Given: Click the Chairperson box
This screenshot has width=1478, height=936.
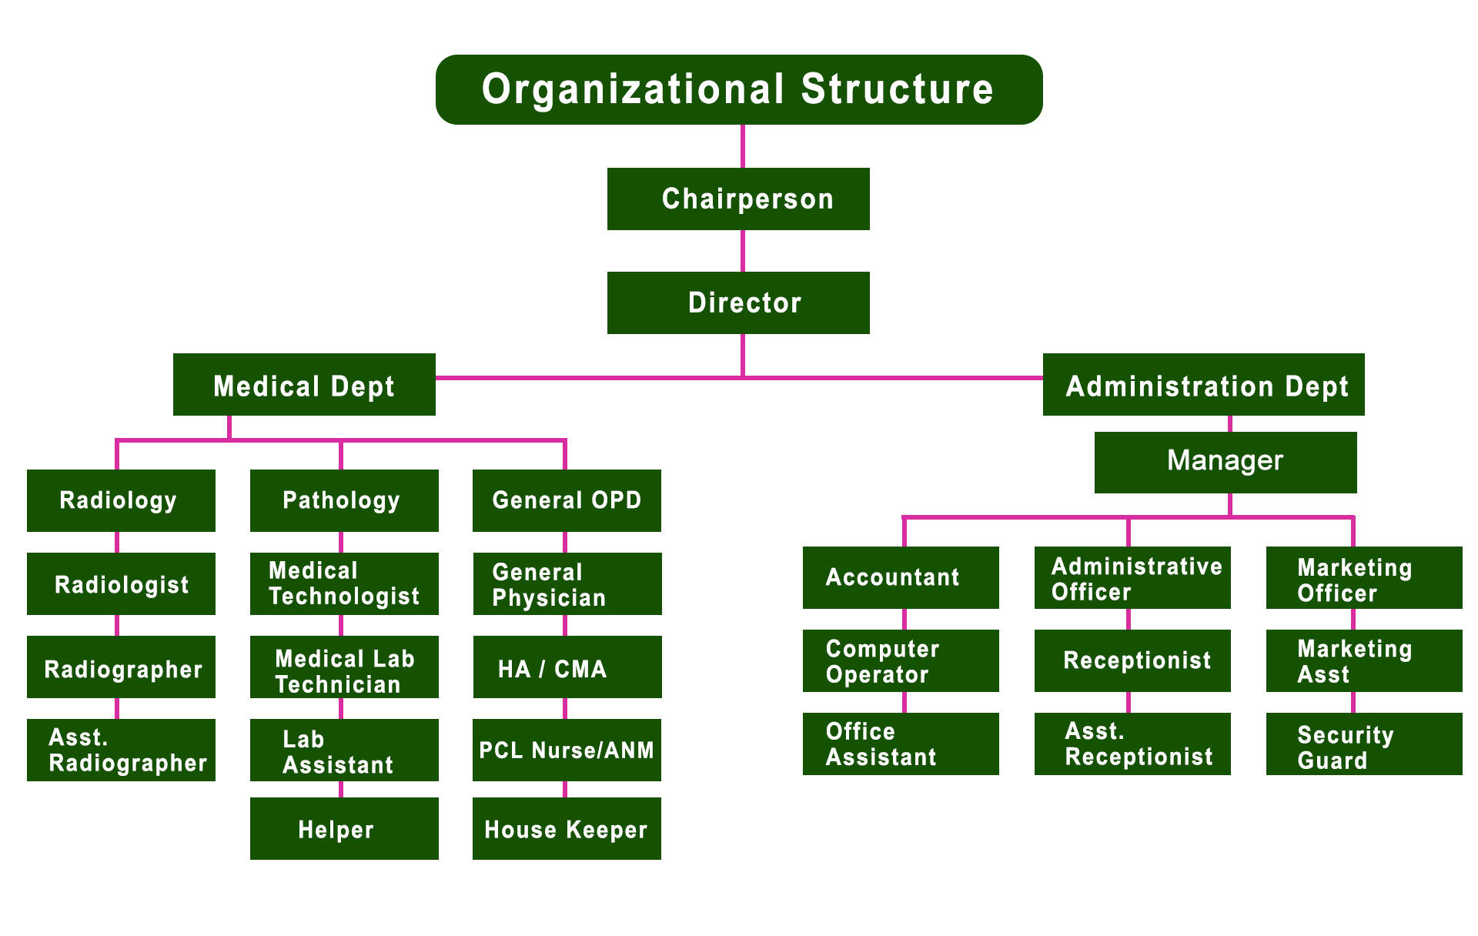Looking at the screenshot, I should coord(738,199).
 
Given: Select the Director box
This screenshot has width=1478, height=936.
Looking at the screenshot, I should coord(738,303).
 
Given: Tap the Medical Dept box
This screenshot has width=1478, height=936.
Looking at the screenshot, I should coord(304,385).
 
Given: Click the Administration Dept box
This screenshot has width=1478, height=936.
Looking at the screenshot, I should coord(1203,385).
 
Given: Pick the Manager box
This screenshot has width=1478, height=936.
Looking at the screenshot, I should coord(1225,462).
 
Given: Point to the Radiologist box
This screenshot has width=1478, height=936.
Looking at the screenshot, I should coord(121,583).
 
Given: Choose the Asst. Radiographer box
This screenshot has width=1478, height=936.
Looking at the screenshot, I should coord(121,750).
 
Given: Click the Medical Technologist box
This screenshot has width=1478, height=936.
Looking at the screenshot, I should coord(344,583).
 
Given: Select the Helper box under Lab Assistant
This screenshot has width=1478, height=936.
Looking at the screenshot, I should coord(344,828).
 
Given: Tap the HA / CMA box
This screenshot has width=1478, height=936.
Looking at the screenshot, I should coord(567,667).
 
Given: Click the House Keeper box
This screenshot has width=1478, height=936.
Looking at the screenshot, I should coord(567,828).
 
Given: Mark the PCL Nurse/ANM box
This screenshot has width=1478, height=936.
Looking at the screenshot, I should coord(567,750).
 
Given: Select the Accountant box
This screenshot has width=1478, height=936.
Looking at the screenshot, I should coord(901,577).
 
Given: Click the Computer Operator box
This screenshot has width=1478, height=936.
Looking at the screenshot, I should coord(901,660).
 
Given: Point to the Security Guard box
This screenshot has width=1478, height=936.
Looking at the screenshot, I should coord(1363,744).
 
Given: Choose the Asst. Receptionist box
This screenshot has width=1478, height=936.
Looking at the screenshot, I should coord(1132,744).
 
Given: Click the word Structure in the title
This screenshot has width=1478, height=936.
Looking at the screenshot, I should coord(897,89).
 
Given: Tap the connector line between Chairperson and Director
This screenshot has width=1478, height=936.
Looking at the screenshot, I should coord(743,251).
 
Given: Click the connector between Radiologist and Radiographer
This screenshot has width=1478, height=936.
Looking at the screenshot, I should coord(117,625).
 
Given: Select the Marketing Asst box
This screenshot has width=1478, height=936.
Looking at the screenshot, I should coord(1363,660).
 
